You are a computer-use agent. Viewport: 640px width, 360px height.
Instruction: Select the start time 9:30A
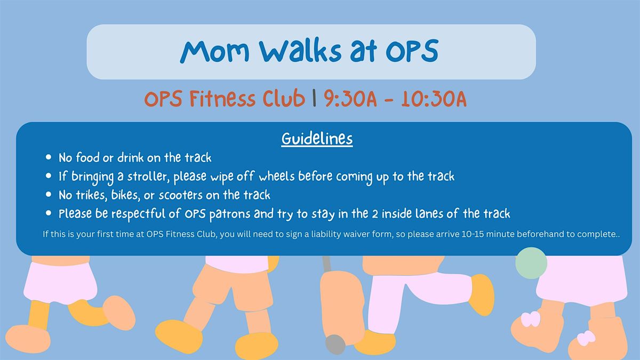[x=349, y=99]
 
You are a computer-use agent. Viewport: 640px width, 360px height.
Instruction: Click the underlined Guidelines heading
[x=317, y=139]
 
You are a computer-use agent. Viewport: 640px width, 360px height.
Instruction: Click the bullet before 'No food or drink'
[x=49, y=158]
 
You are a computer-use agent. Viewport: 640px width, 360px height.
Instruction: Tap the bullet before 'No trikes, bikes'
[x=49, y=195]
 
